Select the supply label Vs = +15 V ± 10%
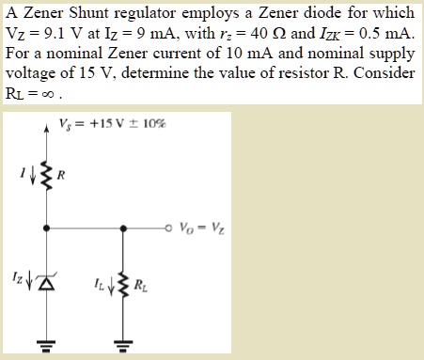coord(109,125)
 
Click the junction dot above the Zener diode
coord(46,226)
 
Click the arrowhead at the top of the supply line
coord(46,122)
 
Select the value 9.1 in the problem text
coord(45,31)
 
